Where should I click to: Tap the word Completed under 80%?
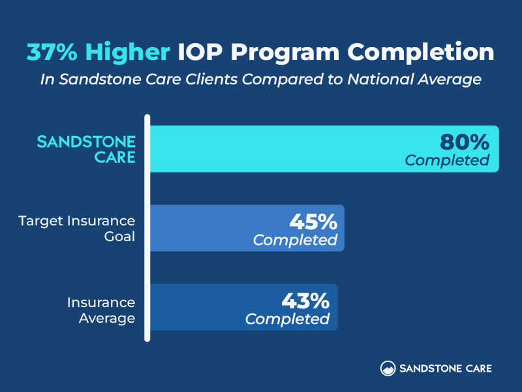[447, 160]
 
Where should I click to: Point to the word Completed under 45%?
[295, 240]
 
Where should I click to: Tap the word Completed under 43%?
[287, 319]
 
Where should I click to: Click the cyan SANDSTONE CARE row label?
[87, 149]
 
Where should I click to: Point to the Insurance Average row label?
[101, 310]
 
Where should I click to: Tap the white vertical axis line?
[148, 229]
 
